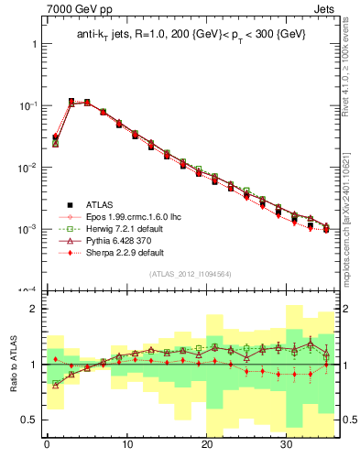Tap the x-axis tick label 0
click(47, 444)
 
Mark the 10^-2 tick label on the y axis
click(27, 168)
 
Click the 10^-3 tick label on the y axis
click(27, 229)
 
